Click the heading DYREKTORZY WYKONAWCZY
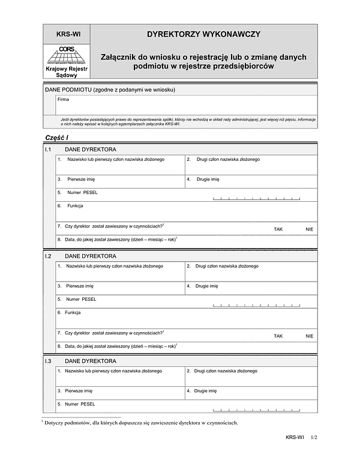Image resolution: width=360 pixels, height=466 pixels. coord(203,34)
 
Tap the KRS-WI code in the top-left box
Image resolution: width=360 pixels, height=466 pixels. coord(68,34)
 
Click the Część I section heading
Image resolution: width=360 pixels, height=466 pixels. coord(58,138)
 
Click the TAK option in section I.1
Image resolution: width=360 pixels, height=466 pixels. coord(278,229)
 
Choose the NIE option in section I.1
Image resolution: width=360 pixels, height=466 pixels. coord(309,229)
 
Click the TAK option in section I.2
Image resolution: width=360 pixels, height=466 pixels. coord(278,336)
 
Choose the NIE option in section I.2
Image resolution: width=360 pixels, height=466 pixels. coord(309,336)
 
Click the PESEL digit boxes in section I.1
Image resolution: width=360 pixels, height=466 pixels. coord(256,198)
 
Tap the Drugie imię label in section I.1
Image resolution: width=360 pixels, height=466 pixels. coord(208,179)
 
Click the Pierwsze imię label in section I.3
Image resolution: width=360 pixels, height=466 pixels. coord(80,390)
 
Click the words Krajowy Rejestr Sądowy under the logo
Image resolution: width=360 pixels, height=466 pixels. coord(67,73)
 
